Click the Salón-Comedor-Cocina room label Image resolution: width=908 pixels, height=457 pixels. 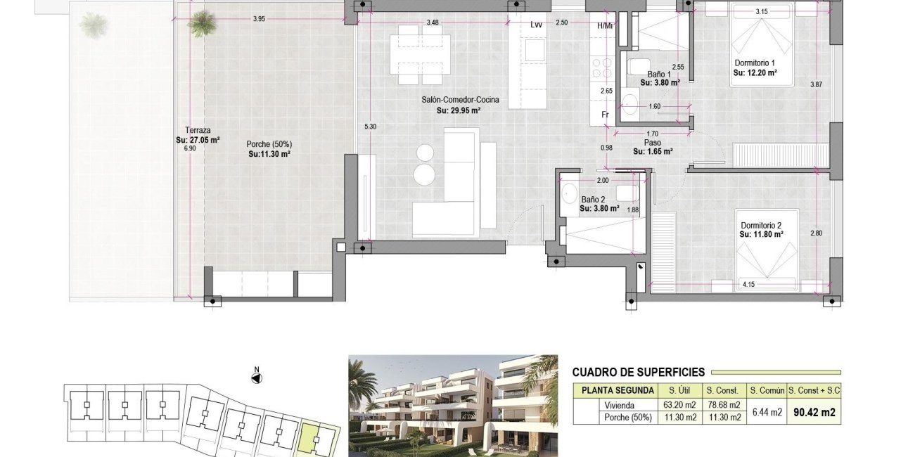tap(460, 101)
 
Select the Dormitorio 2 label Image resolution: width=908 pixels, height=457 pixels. tap(760, 225)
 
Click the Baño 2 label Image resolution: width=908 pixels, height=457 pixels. tap(592, 199)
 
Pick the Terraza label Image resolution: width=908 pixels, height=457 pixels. tap(197, 130)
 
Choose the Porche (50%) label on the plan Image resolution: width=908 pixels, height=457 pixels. tap(269, 144)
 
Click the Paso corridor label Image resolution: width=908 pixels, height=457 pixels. tap(652, 142)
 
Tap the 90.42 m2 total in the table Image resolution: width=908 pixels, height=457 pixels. tap(813, 412)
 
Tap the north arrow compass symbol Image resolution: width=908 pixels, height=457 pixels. tap(257, 378)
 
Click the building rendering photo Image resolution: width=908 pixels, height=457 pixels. tap(454, 406)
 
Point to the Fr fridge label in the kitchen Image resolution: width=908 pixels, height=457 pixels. tap(604, 114)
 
